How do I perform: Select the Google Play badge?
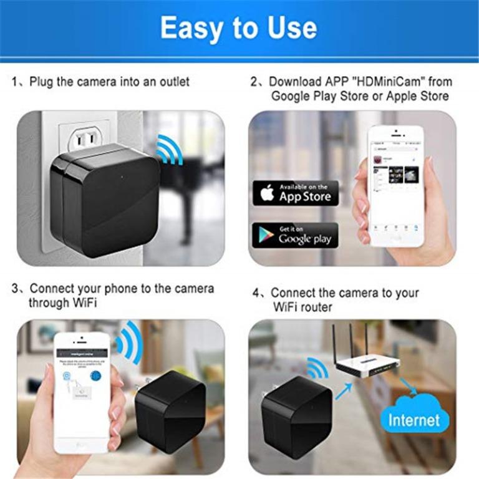pos(295,236)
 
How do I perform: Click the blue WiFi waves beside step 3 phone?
pos(128,342)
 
